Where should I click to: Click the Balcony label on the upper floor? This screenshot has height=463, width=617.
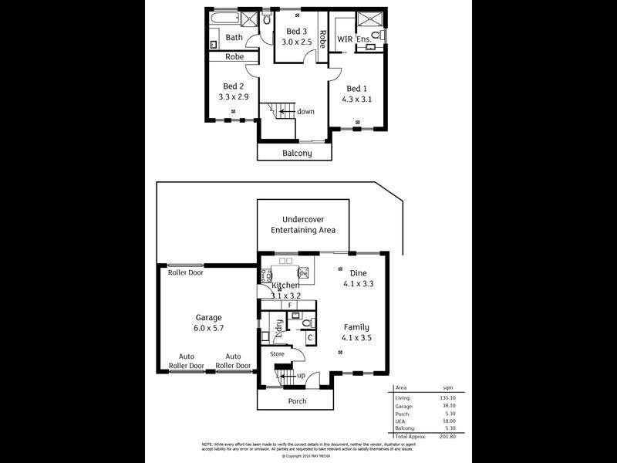tap(297, 154)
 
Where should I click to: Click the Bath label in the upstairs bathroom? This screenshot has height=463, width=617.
tap(234, 37)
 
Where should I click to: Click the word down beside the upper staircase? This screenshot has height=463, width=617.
tap(305, 111)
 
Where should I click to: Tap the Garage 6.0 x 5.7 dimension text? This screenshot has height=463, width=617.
tap(208, 328)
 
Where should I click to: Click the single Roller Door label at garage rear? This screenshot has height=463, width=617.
tap(185, 272)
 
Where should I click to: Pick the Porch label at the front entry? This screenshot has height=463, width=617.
tap(297, 400)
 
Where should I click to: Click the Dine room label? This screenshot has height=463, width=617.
tap(358, 273)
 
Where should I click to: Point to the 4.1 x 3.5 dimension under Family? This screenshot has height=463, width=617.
tap(359, 337)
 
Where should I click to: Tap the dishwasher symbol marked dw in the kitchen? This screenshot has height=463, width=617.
tap(303, 273)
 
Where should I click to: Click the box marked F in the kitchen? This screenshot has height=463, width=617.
tap(290, 306)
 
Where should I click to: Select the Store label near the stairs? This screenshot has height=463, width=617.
tap(277, 354)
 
